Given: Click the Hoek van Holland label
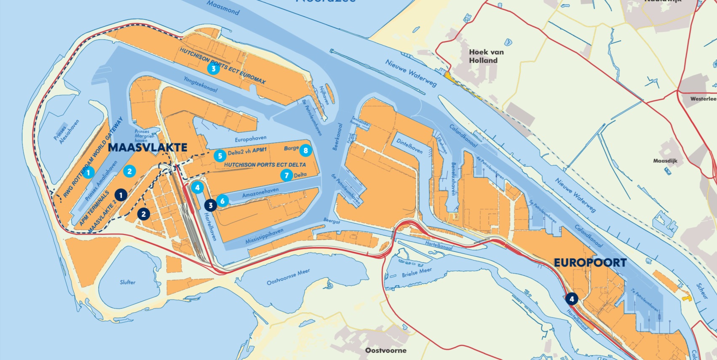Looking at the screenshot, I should (x=486, y=56).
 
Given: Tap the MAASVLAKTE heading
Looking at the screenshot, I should (x=147, y=147).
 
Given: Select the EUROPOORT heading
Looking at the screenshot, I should (x=590, y=263).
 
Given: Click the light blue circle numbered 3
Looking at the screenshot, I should (x=214, y=69).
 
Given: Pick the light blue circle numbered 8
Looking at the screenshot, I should (x=305, y=150).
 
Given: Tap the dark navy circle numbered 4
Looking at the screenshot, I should (x=571, y=299).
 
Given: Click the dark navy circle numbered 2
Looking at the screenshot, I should (x=144, y=214).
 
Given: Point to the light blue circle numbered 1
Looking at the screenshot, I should (x=88, y=173).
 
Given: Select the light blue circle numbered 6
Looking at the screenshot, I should (x=222, y=201).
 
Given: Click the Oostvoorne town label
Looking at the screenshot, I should (x=385, y=350).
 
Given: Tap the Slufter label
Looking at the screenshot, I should (x=127, y=282).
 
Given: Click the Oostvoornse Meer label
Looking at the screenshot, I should (x=288, y=277).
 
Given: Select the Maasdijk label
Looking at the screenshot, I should (x=665, y=161).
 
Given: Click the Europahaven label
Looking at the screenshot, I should (x=251, y=139).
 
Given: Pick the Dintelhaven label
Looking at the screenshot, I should (x=409, y=146).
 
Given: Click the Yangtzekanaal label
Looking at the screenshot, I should (x=201, y=84).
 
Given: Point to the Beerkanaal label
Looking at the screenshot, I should (x=337, y=137).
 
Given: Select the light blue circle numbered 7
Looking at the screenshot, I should (x=287, y=175).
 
